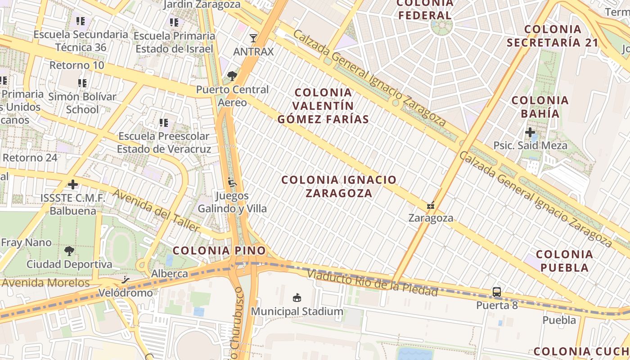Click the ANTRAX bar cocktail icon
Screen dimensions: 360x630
(253, 38)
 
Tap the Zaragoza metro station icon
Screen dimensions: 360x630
(431, 206)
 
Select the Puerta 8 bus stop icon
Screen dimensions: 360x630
(497, 292)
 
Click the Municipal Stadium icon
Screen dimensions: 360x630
(297, 297)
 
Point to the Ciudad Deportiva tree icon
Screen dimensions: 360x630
(69, 251)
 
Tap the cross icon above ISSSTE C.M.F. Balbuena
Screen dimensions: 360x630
(72, 184)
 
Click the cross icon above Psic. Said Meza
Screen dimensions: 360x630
(530, 132)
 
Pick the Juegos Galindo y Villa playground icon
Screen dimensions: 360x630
(232, 183)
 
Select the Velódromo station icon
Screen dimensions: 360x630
(126, 280)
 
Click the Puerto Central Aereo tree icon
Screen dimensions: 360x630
(232, 76)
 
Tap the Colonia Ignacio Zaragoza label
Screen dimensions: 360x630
(339, 186)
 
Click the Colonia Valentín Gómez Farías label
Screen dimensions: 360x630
(323, 106)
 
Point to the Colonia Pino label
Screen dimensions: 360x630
(219, 251)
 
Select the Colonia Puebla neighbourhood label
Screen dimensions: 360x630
(564, 261)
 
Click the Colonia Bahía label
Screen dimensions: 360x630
(540, 107)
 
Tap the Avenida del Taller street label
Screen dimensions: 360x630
(156, 211)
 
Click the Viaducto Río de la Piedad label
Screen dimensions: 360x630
(372, 283)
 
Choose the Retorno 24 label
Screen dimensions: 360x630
(30, 158)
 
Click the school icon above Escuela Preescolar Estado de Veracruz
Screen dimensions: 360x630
(164, 122)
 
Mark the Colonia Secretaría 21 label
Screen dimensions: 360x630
(553, 36)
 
